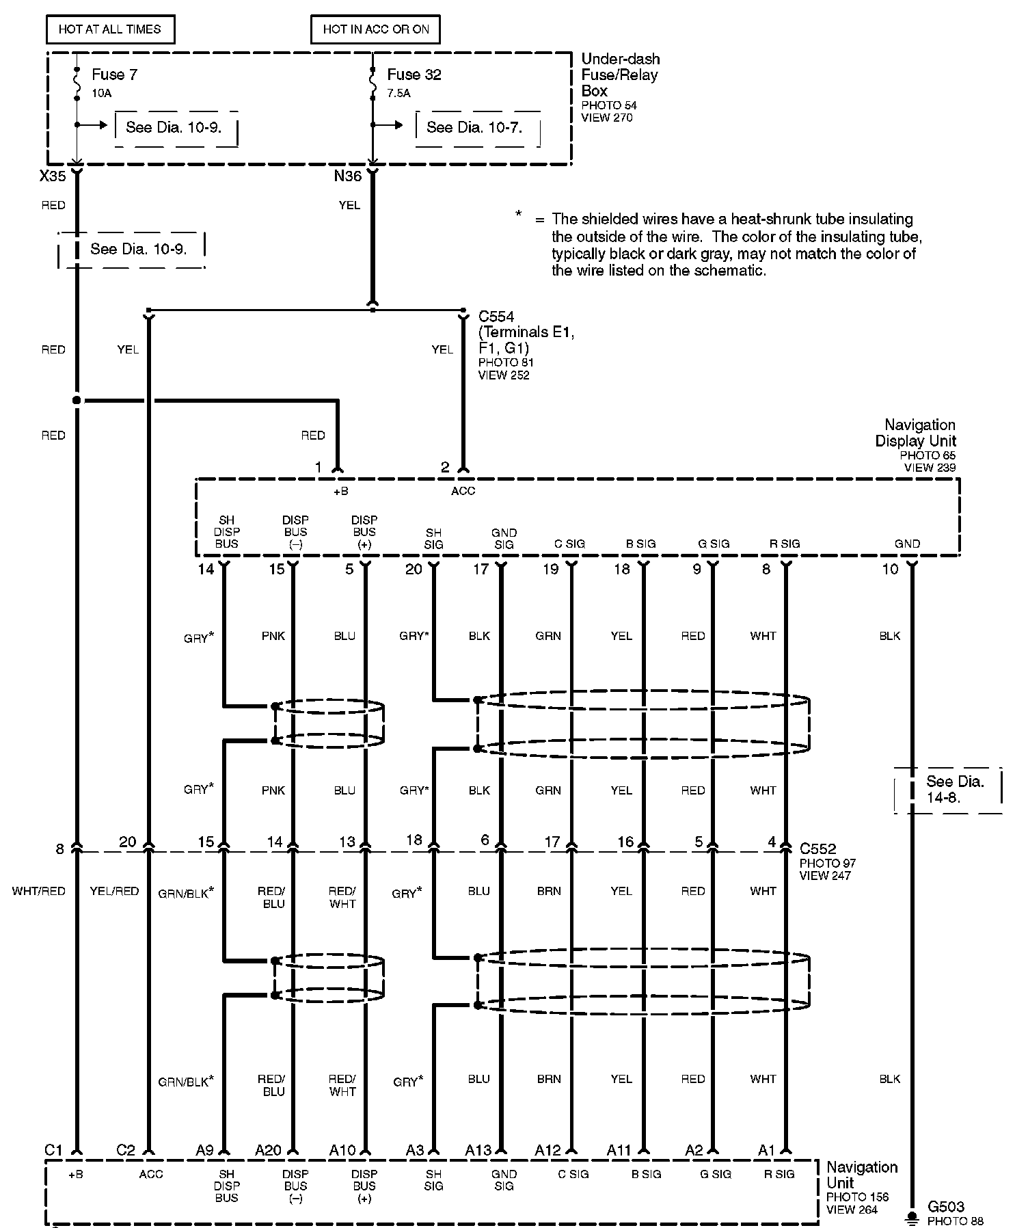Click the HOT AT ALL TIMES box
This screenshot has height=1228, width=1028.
[109, 29]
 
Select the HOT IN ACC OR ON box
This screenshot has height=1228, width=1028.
[375, 29]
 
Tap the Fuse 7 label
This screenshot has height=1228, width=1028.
[114, 75]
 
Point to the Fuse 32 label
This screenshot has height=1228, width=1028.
[414, 75]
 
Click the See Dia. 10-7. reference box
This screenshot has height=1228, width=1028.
[476, 128]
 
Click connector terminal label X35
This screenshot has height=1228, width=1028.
[53, 176]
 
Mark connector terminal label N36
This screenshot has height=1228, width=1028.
[347, 176]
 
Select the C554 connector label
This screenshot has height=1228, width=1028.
[496, 317]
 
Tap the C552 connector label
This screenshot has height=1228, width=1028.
[817, 849]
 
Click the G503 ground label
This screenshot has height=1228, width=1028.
[945, 1207]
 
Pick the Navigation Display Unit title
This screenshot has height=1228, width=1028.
[916, 433]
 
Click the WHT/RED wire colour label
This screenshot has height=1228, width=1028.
[39, 891]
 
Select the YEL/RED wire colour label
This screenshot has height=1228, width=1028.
[114, 891]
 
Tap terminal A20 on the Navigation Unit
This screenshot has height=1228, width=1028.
[268, 1150]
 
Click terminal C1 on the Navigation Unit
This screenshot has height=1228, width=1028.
[53, 1150]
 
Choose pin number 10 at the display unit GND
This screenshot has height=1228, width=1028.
[889, 569]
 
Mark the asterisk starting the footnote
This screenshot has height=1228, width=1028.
[519, 215]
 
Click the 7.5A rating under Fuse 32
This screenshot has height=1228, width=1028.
[398, 94]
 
